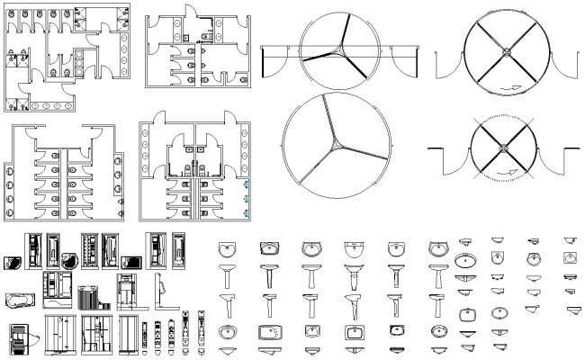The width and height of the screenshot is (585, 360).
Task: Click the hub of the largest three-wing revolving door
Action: pyautogui.click(x=336, y=142)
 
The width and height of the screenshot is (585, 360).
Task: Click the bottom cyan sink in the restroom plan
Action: pyautogui.click(x=246, y=211)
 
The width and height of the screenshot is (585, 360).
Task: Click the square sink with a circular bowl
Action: pyautogui.click(x=568, y=258)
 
